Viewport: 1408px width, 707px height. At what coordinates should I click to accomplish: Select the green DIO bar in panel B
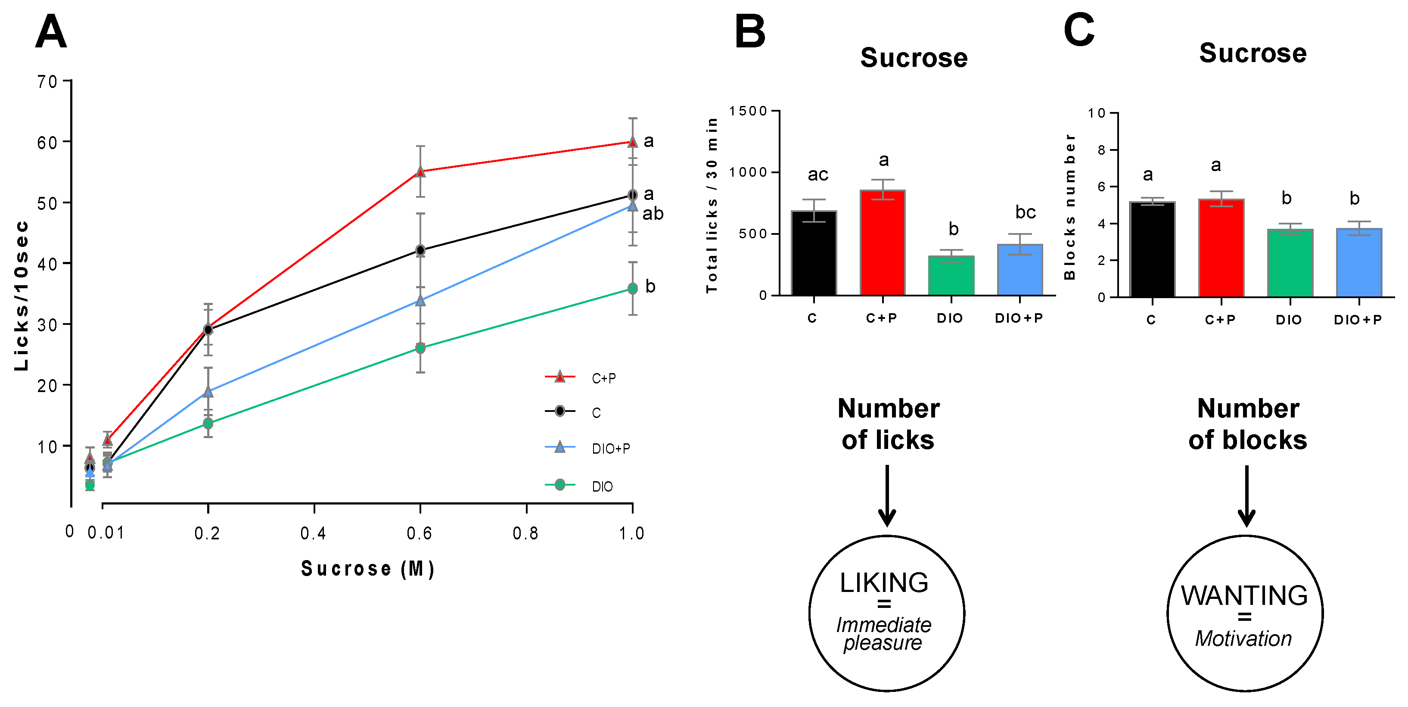coord(951,276)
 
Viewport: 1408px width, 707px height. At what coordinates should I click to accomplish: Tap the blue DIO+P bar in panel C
coord(1359,263)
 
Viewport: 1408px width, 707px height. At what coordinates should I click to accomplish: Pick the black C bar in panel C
coord(1152,249)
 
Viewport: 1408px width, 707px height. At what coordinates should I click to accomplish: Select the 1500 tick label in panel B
coord(748,111)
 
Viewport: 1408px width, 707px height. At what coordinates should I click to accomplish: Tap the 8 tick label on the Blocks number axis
coord(1101,150)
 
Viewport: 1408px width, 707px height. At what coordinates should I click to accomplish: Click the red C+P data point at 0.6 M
coord(420,172)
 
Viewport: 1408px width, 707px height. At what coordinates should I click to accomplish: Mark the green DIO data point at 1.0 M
coord(632,289)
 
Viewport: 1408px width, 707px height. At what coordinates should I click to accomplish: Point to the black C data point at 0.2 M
coord(208,330)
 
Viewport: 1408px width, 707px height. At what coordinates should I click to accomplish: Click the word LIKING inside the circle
coord(884,583)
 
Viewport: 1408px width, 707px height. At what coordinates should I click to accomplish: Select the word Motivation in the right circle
coord(1243,638)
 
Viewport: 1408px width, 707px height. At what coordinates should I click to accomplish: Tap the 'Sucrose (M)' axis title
coord(368,569)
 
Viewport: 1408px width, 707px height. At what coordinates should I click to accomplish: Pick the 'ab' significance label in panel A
coord(653,214)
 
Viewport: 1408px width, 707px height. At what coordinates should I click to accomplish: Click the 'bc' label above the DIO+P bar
coord(1026,212)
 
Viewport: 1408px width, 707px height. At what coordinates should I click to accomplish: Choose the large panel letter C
coord(1079,31)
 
